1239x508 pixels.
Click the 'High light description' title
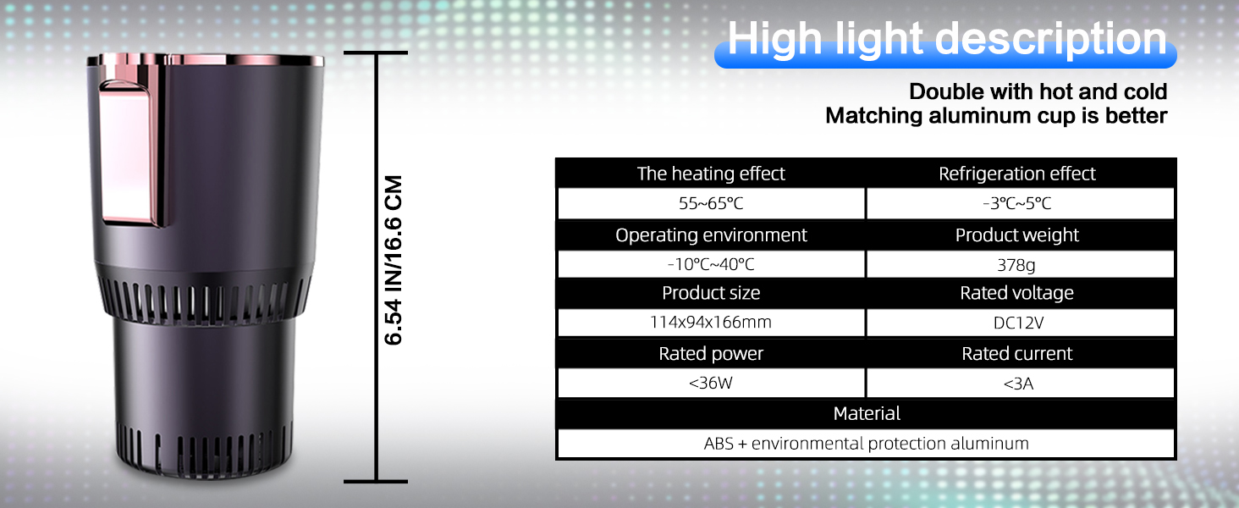pyautogui.click(x=946, y=40)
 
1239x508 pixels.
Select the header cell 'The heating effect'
pyautogui.click(x=711, y=174)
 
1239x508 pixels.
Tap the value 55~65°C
pyautogui.click(x=711, y=204)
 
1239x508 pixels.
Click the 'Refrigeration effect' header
pyautogui.click(x=1016, y=174)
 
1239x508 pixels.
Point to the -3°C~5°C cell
pyautogui.click(x=1018, y=204)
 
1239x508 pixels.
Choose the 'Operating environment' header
pyautogui.click(x=711, y=235)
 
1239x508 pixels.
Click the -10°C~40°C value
pyautogui.click(x=711, y=265)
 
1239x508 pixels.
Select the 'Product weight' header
pyautogui.click(x=1016, y=235)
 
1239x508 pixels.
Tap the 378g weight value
pyautogui.click(x=1016, y=265)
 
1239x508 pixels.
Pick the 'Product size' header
pyautogui.click(x=711, y=293)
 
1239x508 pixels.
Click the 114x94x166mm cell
pyautogui.click(x=711, y=323)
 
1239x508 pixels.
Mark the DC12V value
pyautogui.click(x=1016, y=323)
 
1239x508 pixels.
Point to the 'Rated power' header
pyautogui.click(x=711, y=354)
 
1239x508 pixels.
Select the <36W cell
pyautogui.click(x=711, y=384)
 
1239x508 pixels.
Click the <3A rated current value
pyautogui.click(x=1018, y=384)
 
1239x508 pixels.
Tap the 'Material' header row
pyautogui.click(x=867, y=413)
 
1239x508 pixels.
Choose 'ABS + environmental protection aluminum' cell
pyautogui.click(x=867, y=443)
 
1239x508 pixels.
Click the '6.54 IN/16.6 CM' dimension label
pyautogui.click(x=394, y=260)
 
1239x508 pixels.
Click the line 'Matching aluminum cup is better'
pyautogui.click(x=996, y=116)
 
